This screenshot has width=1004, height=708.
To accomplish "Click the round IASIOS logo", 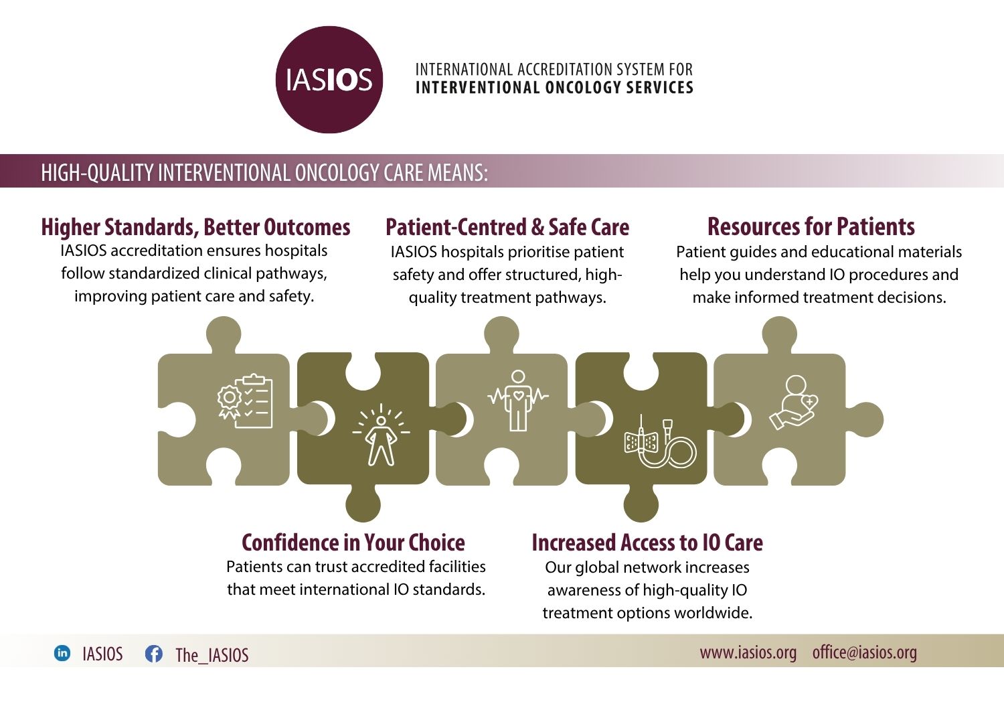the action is [329, 80].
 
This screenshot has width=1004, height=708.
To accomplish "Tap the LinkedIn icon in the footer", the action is [62, 653].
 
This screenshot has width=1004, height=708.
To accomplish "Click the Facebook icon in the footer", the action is [154, 654].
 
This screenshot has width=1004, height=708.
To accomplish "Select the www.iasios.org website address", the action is [748, 652].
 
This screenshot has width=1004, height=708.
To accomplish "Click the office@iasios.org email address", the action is [865, 652].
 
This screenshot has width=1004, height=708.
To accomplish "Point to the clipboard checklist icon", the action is [245, 401].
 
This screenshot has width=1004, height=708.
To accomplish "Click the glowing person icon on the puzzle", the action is [381, 434].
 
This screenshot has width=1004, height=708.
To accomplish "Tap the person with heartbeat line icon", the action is [518, 401].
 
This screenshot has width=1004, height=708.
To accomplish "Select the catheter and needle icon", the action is [660, 441].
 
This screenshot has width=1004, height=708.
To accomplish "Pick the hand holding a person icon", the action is [794, 403].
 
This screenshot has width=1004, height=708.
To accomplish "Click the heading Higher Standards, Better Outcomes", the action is [195, 227].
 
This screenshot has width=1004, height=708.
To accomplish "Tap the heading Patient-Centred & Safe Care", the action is [507, 227].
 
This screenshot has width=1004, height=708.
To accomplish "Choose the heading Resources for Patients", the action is [811, 226].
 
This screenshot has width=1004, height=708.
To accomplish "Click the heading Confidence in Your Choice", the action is [353, 543].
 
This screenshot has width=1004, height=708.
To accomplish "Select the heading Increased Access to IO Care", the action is [647, 543].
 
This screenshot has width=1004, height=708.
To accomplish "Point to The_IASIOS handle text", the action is [212, 655].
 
